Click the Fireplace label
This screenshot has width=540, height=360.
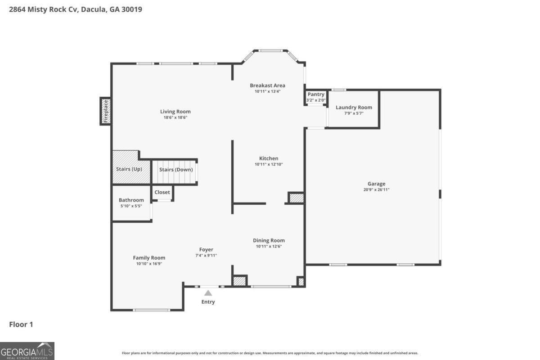coord(106,111)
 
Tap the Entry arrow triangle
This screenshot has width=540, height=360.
coord(208,293)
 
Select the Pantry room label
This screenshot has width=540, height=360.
coord(316,94)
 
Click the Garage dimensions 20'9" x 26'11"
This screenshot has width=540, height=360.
coord(376,189)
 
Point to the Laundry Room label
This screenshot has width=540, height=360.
coord(354,107)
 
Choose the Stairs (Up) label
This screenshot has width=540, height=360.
coord(129,169)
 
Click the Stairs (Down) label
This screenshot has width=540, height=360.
coord(176,170)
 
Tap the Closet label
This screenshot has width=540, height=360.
coord(162,192)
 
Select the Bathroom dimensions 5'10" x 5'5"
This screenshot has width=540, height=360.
coord(131,206)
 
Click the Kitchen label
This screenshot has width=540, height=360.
coord(269,158)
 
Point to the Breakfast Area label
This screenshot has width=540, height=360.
coord(267,85)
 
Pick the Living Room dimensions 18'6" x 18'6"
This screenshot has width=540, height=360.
coord(175,117)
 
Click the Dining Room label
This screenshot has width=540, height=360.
coord(269,240)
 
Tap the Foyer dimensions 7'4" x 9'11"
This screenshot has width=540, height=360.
coord(206,255)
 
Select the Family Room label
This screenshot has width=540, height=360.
coord(149,258)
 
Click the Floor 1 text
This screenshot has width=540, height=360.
coord(21,324)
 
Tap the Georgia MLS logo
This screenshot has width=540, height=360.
coord(27,351)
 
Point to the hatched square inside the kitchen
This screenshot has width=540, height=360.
coord(297,198)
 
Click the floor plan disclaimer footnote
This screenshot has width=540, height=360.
coord(270,353)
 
